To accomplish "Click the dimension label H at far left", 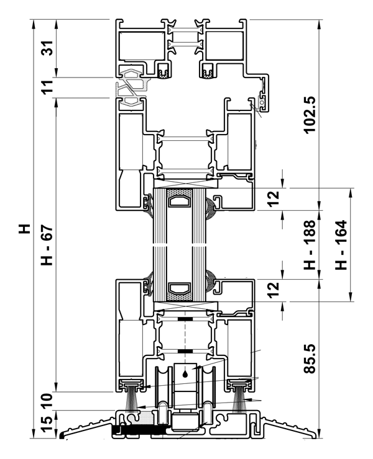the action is point(25,229).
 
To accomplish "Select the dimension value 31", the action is point(47,48).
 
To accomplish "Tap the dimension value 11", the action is point(47,87).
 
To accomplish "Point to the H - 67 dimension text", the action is point(47,245).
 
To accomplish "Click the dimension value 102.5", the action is point(310,115).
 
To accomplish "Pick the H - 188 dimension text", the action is point(310,245).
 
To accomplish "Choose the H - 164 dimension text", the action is point(341,245).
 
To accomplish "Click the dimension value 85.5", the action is point(310,359).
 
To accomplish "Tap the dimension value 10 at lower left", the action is point(47,401).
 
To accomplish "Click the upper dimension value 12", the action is point(274,198).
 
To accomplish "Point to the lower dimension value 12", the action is point(274,290).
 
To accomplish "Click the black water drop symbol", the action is point(185,373).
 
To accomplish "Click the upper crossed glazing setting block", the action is point(186,184).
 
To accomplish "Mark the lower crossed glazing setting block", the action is point(186,306).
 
